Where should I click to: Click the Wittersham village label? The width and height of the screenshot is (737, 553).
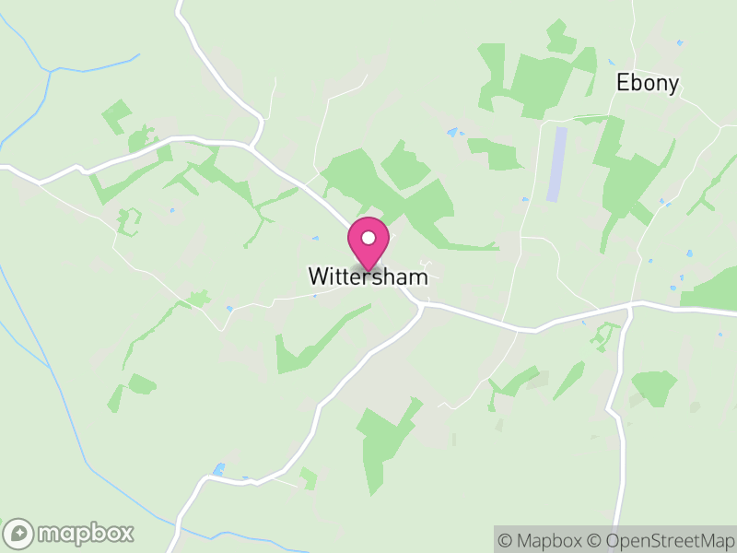click(368, 276)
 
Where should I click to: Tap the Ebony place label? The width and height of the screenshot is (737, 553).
click(648, 84)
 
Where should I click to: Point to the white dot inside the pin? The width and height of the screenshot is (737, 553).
click(368, 238)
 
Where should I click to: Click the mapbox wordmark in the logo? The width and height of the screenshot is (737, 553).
click(86, 533)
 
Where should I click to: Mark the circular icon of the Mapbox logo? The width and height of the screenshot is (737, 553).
click(20, 534)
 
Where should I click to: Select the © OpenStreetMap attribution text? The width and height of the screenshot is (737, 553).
click(660, 540)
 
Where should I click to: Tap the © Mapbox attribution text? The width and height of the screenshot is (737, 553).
click(544, 540)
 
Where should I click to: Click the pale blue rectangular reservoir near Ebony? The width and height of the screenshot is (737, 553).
click(556, 164)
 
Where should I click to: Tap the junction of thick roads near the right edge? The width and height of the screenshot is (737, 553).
click(630, 305)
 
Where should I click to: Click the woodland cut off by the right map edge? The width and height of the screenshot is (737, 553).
click(714, 290)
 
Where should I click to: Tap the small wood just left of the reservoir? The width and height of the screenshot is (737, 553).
click(497, 153)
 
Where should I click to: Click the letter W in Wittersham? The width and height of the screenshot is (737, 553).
click(318, 276)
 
